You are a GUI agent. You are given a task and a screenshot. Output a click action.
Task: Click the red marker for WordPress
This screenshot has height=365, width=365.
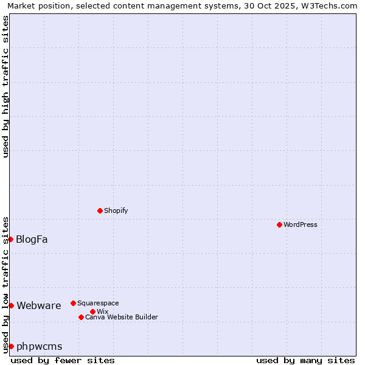tap(279, 224)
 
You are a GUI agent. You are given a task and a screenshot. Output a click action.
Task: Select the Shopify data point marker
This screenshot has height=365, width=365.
tap(100, 210)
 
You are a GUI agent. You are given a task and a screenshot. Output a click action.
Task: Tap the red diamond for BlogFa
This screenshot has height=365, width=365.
tap(10, 239)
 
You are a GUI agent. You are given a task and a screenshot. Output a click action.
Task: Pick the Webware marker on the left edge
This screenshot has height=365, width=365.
tap(11, 305)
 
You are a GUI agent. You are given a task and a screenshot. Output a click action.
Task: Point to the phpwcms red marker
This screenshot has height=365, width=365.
tap(11, 346)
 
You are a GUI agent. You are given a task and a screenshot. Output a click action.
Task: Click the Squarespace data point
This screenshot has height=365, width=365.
tap(73, 303)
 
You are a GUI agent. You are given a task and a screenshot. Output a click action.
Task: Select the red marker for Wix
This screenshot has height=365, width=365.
tap(92, 311)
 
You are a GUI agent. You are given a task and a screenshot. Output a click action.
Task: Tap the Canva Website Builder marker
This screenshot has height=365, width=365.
tap(81, 317)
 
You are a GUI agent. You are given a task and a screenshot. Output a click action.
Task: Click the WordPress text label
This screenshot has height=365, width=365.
tap(301, 224)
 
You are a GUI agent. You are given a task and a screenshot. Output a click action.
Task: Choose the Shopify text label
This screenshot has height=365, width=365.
tap(116, 210)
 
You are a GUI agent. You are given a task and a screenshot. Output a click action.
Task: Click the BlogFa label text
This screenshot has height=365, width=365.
tap(32, 239)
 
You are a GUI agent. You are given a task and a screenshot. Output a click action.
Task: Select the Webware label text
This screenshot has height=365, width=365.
tap(38, 305)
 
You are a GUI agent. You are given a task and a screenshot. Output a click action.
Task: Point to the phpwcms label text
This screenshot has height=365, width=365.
tap(39, 346)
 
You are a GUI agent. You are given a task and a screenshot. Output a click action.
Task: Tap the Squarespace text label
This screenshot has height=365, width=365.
tap(98, 303)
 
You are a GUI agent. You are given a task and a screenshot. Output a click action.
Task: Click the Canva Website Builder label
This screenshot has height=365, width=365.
tap(121, 317)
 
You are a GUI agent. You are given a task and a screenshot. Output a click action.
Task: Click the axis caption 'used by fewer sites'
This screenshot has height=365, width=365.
tap(63, 360)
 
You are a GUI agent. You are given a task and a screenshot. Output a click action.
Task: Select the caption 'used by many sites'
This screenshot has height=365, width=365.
tap(305, 360)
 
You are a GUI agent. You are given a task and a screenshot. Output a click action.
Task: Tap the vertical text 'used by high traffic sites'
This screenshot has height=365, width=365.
tap(5, 86)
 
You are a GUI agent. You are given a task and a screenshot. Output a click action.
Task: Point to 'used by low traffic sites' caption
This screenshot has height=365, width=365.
tap(5, 284)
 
